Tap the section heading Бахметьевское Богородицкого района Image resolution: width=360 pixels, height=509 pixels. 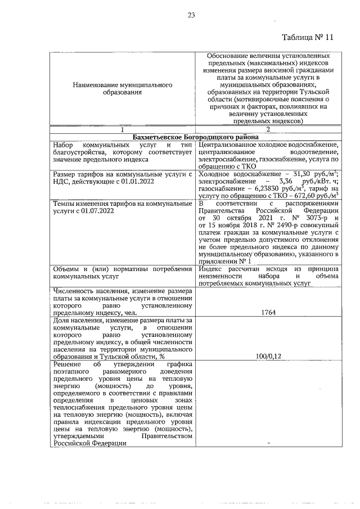(195, 137)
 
